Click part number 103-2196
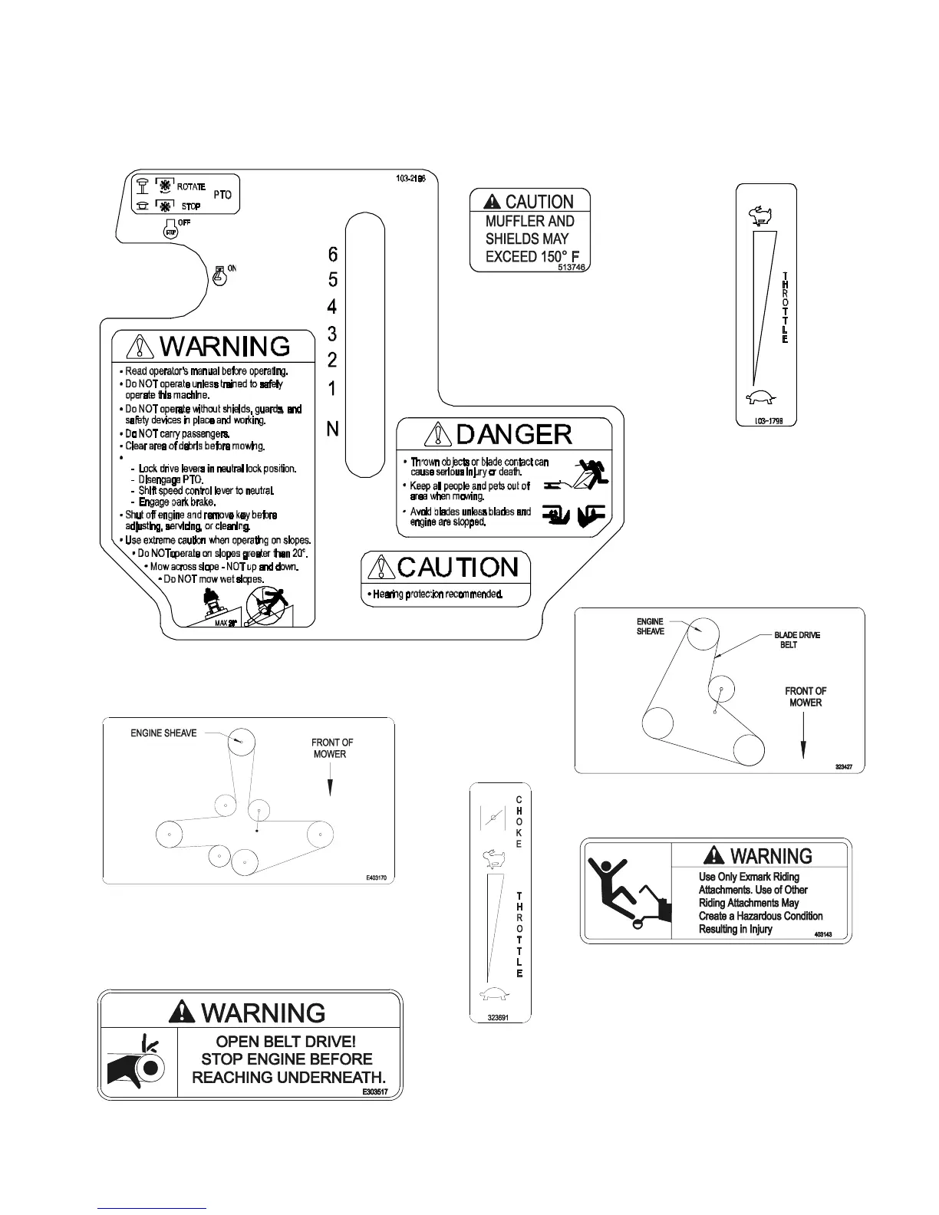pyautogui.click(x=410, y=178)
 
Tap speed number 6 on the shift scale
pyautogui.click(x=332, y=254)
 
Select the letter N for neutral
pyautogui.click(x=332, y=430)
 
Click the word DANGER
pyautogui.click(x=514, y=435)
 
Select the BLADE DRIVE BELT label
pyautogui.click(x=796, y=640)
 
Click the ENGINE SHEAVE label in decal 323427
pyautogui.click(x=651, y=626)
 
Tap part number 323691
pyautogui.click(x=499, y=1017)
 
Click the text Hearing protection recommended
pyautogui.click(x=434, y=594)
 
